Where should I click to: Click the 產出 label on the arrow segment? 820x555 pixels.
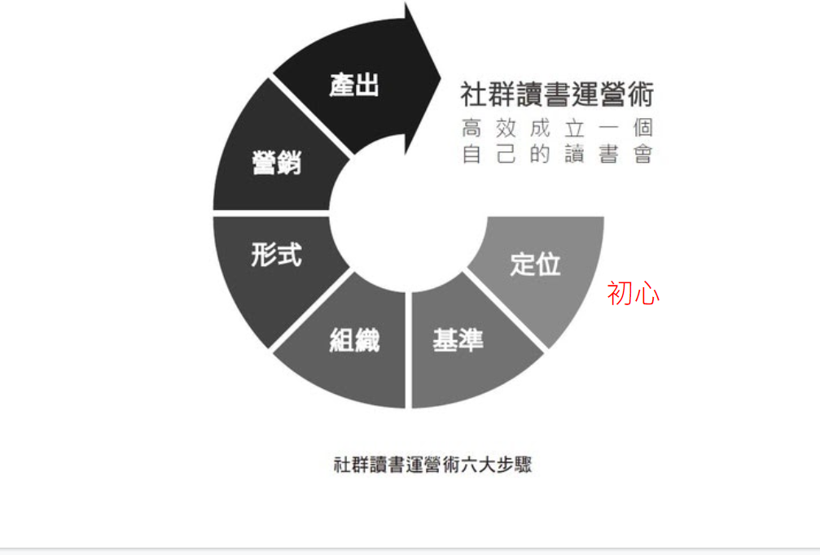click(354, 85)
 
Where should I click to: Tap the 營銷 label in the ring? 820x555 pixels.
click(276, 162)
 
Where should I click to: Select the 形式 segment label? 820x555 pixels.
click(276, 255)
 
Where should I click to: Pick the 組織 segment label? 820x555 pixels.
click(354, 340)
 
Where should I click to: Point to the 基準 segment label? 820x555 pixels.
click(458, 340)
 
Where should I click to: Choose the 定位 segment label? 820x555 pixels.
click(535, 264)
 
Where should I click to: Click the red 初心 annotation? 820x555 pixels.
click(633, 294)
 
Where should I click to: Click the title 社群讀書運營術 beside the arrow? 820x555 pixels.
click(557, 94)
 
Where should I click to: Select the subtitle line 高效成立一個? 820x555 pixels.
click(557, 129)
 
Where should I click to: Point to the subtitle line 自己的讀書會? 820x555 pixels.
click(557, 154)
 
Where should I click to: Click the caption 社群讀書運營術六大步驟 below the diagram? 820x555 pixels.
click(432, 465)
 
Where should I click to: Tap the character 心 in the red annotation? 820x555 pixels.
click(647, 294)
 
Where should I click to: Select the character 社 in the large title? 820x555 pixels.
click(473, 94)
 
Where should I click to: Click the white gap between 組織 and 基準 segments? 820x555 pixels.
click(408, 342)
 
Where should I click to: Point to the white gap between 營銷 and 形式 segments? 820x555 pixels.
click(269, 213)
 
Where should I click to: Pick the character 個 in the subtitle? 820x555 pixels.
click(642, 129)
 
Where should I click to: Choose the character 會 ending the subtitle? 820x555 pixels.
click(642, 154)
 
